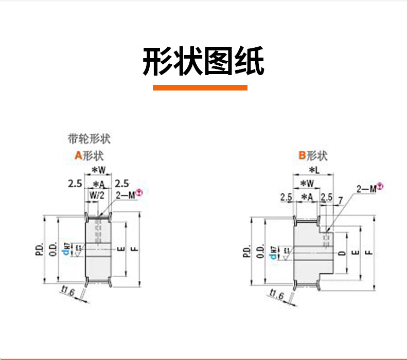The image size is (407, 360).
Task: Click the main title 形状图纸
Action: click(x=203, y=62)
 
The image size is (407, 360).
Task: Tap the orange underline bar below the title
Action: click(x=200, y=87)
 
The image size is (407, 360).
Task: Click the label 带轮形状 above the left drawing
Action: click(x=89, y=139)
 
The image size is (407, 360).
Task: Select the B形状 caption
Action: click(x=313, y=155)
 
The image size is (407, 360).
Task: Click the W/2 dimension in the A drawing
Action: click(x=97, y=195)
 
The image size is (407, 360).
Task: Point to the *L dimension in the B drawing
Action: click(x=313, y=170)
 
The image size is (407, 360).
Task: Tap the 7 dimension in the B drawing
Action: click(x=340, y=200)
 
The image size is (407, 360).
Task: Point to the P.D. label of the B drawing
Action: click(x=246, y=251)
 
